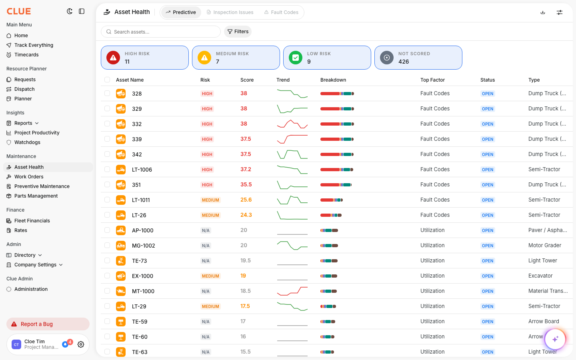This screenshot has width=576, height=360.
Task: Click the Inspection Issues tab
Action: coord(230,12)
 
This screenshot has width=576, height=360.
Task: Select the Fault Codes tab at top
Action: coord(281,12)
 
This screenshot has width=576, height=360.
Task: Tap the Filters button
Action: coord(238,32)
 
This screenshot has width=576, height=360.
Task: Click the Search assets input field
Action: coord(161,32)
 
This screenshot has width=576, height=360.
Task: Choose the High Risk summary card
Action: coord(145,58)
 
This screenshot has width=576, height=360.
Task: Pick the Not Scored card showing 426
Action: coord(418,58)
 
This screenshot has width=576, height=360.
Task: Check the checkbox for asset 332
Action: coord(107,124)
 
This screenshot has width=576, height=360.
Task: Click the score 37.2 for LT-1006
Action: coord(246,170)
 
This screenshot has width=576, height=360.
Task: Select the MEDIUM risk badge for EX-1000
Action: coord(210,276)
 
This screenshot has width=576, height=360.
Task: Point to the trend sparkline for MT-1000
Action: coord(292,291)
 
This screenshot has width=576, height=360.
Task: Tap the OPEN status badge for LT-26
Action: coord(488,215)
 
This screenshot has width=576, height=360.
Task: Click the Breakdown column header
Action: coord(333,80)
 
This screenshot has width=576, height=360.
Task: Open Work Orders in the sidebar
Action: coord(29,177)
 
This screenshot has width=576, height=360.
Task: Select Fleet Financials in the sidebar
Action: coord(32,221)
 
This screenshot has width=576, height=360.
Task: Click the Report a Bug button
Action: coord(48,324)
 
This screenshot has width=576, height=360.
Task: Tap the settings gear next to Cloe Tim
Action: coord(81,344)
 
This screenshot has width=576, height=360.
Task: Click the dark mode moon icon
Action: coord(70,11)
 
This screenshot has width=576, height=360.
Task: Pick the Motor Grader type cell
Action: coord(545,245)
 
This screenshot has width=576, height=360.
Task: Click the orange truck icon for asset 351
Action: coord(121,185)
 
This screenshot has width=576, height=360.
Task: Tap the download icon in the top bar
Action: coord(543,12)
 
